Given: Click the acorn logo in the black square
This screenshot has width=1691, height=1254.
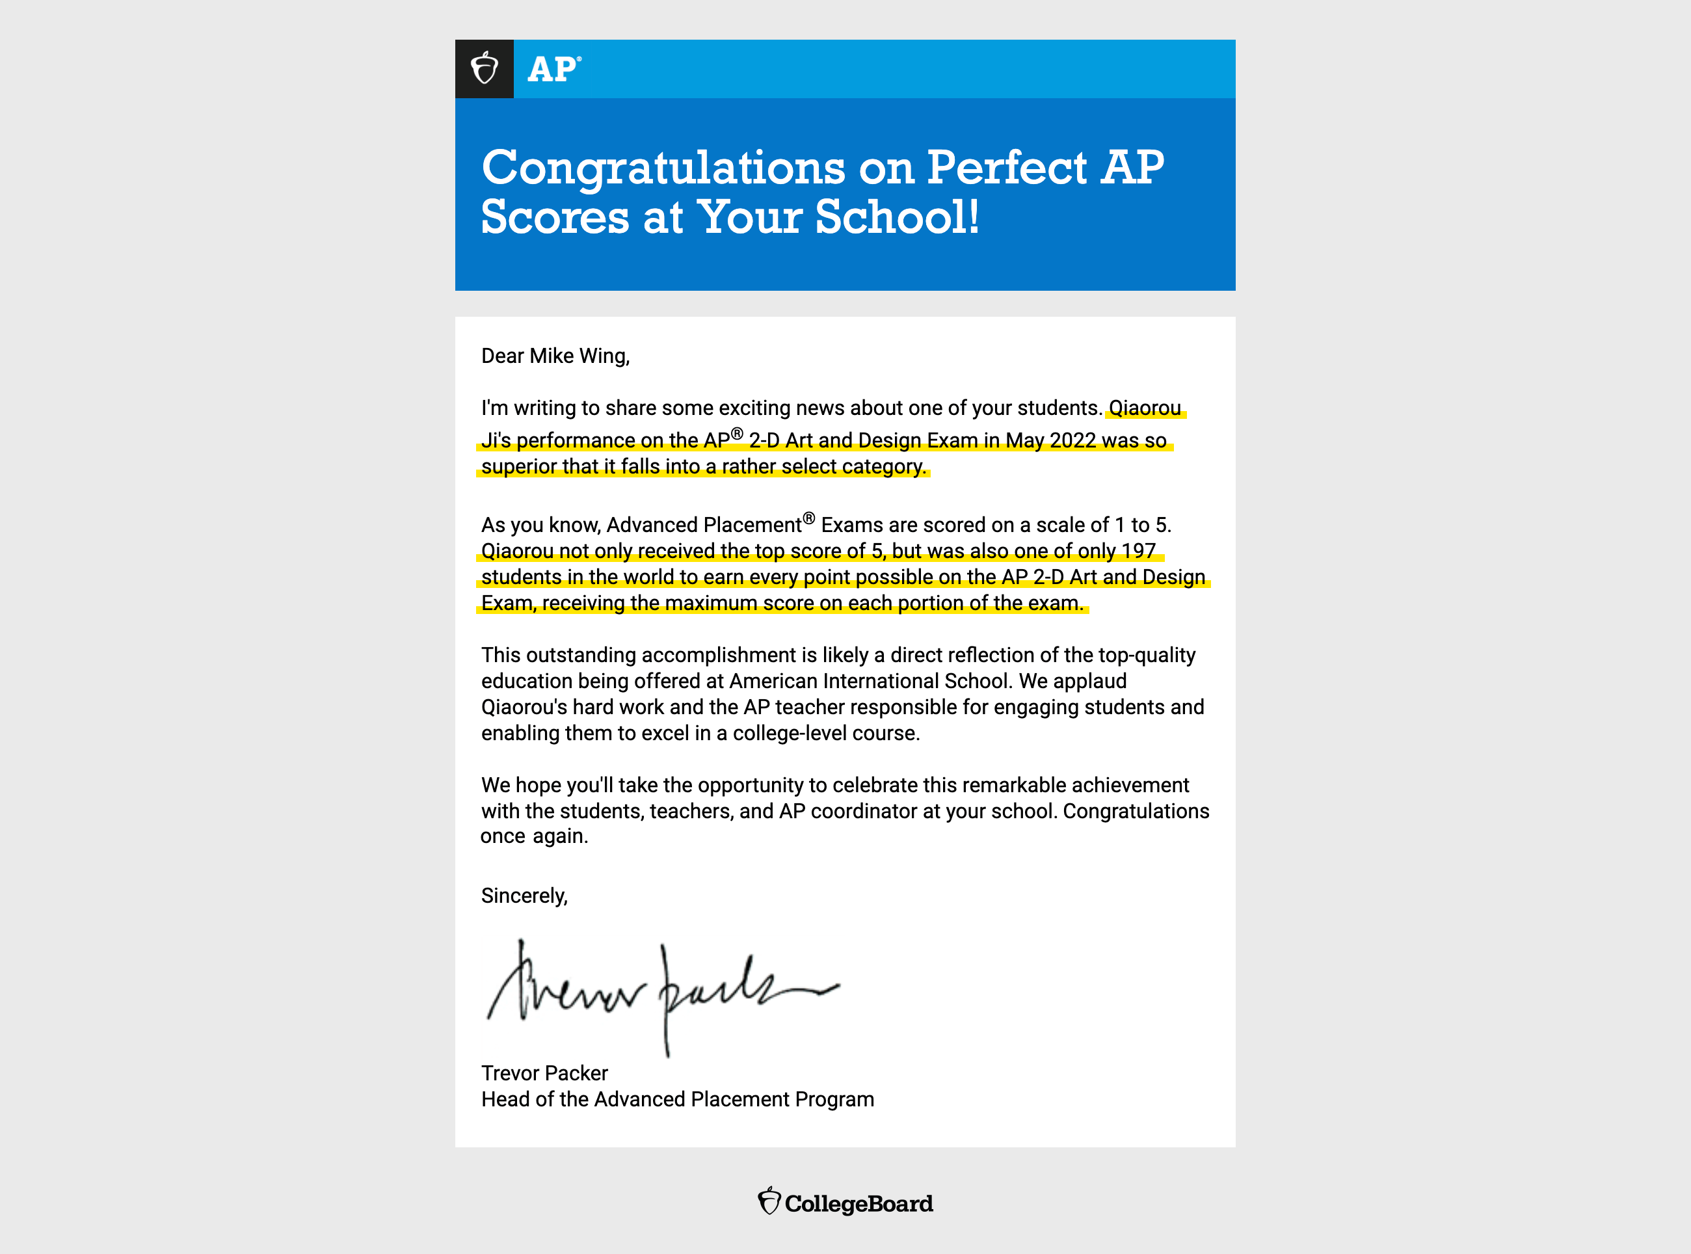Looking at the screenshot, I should tap(485, 69).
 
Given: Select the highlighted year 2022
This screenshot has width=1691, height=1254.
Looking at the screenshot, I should tap(1072, 440).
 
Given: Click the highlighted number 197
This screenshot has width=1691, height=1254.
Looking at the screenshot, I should tap(1138, 551).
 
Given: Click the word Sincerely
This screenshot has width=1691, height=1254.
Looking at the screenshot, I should tap(524, 896).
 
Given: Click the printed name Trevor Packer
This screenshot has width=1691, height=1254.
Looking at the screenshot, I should tap(544, 1073).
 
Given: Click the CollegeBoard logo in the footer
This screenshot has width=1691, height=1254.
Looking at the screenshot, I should tap(845, 1203).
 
